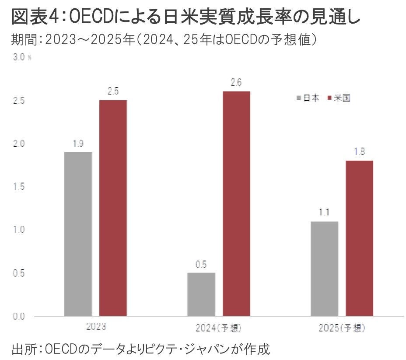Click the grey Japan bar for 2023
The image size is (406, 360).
click(78, 234)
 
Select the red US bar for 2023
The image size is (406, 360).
click(113, 208)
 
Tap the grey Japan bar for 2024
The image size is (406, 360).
click(201, 294)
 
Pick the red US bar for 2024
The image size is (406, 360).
click(236, 204)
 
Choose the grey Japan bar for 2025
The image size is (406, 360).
click(324, 268)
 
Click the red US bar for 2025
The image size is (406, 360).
click(359, 238)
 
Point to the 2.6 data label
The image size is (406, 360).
click(236, 83)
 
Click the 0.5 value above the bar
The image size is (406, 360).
click(201, 265)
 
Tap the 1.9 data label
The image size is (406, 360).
click(78, 144)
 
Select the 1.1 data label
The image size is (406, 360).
click(324, 213)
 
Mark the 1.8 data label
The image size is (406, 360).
click(359, 152)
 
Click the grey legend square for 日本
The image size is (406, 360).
click(299, 98)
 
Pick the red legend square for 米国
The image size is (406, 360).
click(330, 98)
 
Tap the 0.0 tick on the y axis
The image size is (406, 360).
click(19, 316)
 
